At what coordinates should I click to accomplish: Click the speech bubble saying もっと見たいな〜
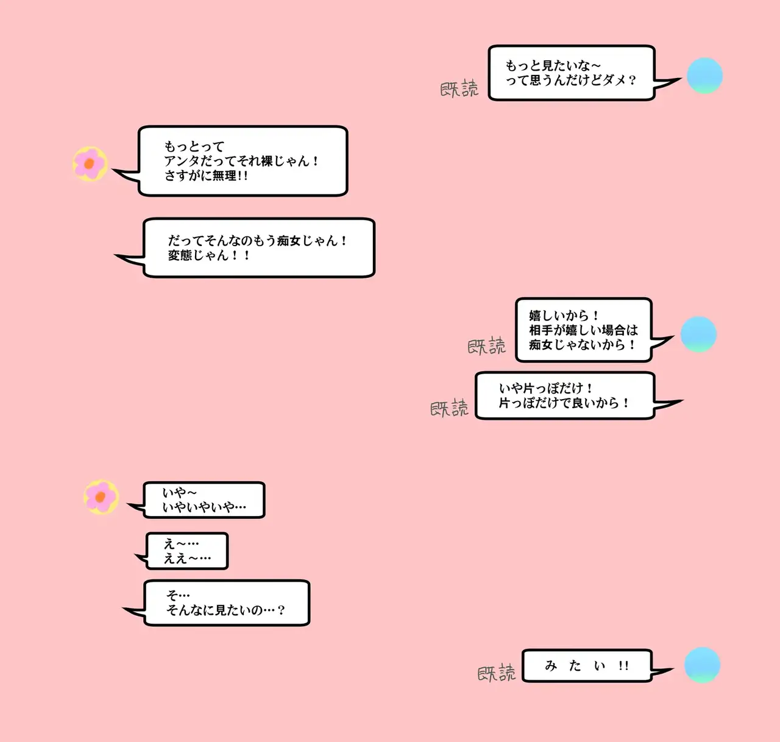tap(571, 72)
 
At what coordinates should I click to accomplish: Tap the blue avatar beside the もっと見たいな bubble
tap(704, 76)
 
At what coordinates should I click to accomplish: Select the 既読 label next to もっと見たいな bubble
tap(459, 89)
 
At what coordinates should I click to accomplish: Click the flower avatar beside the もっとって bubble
tap(90, 164)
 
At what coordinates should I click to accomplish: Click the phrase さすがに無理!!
tap(206, 176)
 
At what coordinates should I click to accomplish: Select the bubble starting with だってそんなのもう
tap(259, 248)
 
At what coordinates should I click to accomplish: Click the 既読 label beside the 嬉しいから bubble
tap(486, 346)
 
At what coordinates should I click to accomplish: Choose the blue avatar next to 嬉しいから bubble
tap(698, 334)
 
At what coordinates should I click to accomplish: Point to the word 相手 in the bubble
tap(541, 330)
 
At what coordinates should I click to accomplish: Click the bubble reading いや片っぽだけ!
tap(564, 396)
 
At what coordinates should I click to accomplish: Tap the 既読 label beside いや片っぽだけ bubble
tap(449, 408)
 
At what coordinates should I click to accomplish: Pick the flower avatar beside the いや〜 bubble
tap(101, 496)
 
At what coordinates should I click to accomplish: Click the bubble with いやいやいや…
tap(204, 500)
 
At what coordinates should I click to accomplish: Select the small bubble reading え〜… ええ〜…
tap(187, 551)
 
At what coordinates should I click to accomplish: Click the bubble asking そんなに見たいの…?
tap(226, 603)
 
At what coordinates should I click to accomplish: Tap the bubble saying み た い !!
tap(587, 666)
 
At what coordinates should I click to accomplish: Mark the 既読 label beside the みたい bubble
tap(496, 673)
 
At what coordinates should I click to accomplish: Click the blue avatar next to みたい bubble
tap(702, 665)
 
